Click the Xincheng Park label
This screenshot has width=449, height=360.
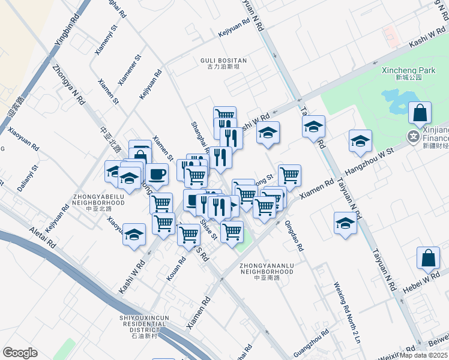[408, 70]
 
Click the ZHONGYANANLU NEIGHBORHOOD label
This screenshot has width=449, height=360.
[267, 268]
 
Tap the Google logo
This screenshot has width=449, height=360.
[20, 352]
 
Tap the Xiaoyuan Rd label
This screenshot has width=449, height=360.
[23, 137]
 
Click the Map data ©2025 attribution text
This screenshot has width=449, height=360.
[424, 355]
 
